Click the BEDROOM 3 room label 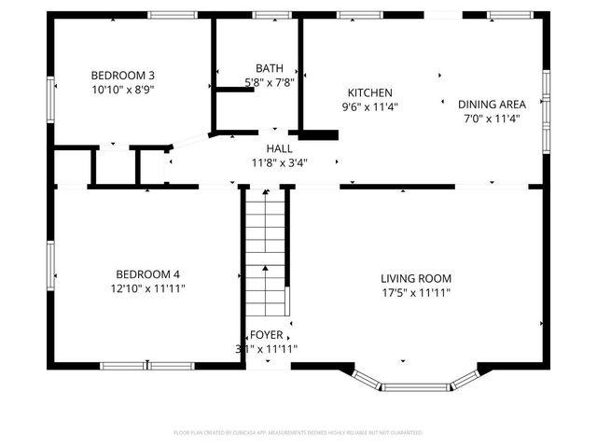pyautogui.click(x=122, y=76)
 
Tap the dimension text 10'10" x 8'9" pyautogui.click(x=122, y=90)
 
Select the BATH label pyautogui.click(x=270, y=68)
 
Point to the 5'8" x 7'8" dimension pyautogui.click(x=270, y=82)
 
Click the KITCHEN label pyautogui.click(x=369, y=92)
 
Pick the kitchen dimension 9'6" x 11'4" pyautogui.click(x=369, y=106)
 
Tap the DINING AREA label pyautogui.click(x=492, y=105)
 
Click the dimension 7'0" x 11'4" pyautogui.click(x=492, y=119)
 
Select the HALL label pyautogui.click(x=279, y=148)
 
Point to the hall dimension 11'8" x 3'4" pyautogui.click(x=279, y=162)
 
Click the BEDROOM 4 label pyautogui.click(x=147, y=274)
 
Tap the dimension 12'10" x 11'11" pyautogui.click(x=147, y=288)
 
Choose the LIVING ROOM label pyautogui.click(x=416, y=278)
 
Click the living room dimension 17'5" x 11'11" pyautogui.click(x=416, y=292)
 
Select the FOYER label pyautogui.click(x=266, y=335)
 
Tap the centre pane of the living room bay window pyautogui.click(x=416, y=385)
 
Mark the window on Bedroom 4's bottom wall pyautogui.click(x=147, y=366)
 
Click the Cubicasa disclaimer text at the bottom pyautogui.click(x=298, y=433)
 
